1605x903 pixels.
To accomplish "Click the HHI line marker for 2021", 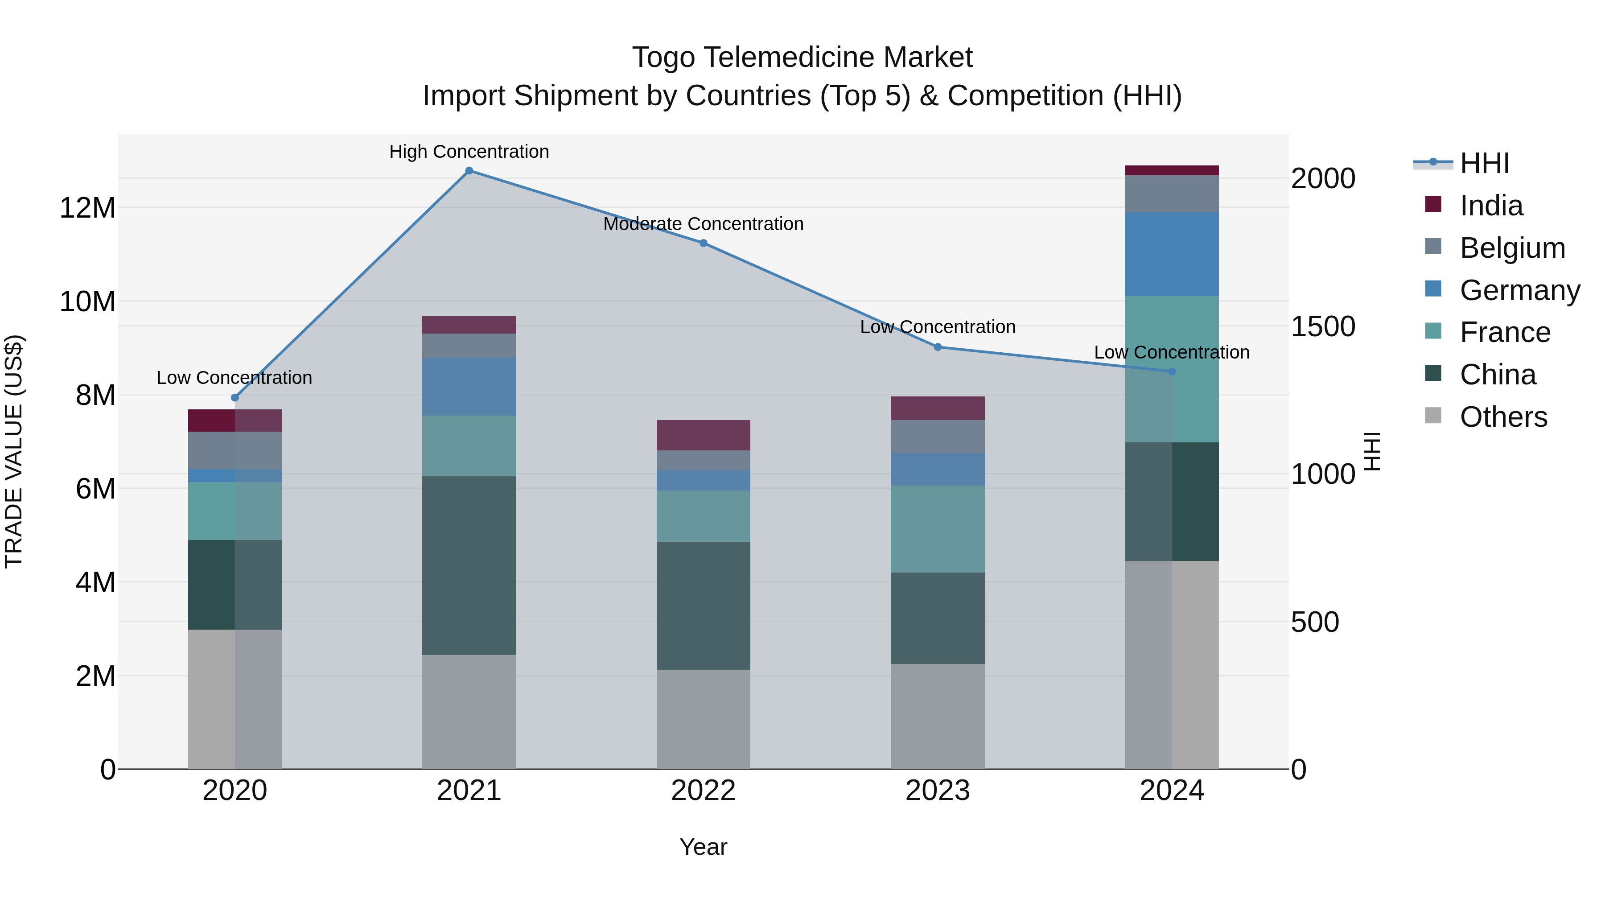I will click(469, 171).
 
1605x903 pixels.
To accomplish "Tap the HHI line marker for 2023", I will click(938, 347).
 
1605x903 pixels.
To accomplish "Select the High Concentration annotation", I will click(469, 152).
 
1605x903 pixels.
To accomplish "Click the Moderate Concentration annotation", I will click(704, 224).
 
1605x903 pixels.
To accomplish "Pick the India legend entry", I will click(1491, 206).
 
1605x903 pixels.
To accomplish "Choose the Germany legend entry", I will click(1519, 290).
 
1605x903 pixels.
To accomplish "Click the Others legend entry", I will click(1503, 417).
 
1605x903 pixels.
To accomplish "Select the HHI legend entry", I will click(1484, 163).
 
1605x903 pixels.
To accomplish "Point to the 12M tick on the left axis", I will click(87, 207).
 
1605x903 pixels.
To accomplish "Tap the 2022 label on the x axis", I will click(704, 791).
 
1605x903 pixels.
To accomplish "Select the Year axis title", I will click(704, 847).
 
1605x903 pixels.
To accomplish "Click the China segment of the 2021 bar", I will click(469, 565).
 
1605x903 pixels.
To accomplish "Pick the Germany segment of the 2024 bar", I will click(1172, 254).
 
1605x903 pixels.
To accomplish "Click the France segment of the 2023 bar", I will click(938, 529).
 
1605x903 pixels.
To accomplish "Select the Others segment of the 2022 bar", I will click(704, 720).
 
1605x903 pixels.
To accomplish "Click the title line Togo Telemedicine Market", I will click(802, 58).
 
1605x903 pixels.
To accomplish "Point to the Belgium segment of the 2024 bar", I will click(1172, 194).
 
